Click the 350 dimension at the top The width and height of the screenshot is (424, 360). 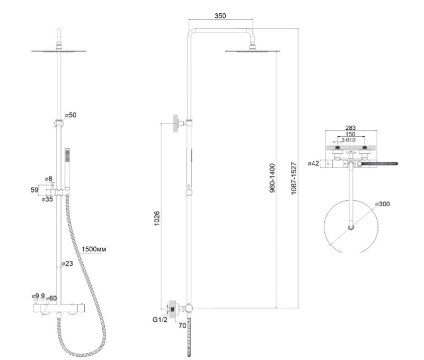pyautogui.click(x=220, y=16)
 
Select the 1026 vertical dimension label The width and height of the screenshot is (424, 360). pyautogui.click(x=157, y=218)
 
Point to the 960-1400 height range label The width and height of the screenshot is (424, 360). pyautogui.click(x=272, y=178)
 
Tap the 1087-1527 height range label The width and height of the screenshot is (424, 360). pyautogui.click(x=294, y=178)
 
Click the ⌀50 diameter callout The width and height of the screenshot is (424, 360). pyautogui.click(x=70, y=115)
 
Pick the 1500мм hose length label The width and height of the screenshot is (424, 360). pyautogui.click(x=94, y=249)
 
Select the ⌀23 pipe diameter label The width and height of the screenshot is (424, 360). pyautogui.click(x=67, y=264)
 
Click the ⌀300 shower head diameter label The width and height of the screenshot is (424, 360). pyautogui.click(x=382, y=204)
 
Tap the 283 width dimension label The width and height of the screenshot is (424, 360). pyautogui.click(x=350, y=128)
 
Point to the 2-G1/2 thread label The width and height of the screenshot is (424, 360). pyautogui.click(x=349, y=140)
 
